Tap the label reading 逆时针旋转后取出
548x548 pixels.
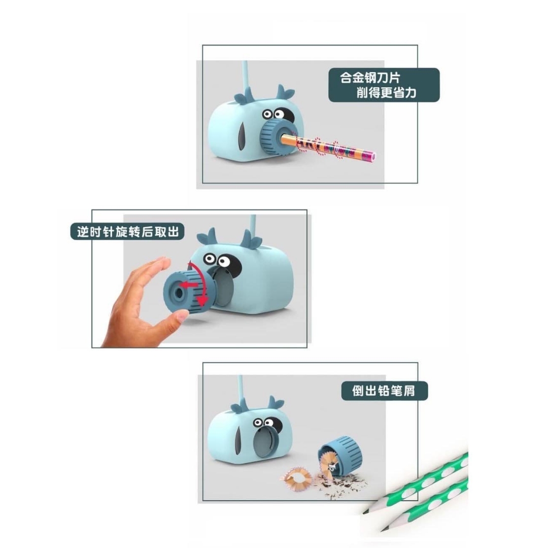(127, 231)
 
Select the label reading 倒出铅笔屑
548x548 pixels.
(384, 390)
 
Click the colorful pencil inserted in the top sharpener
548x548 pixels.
(328, 147)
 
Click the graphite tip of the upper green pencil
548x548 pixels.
(365, 511)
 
